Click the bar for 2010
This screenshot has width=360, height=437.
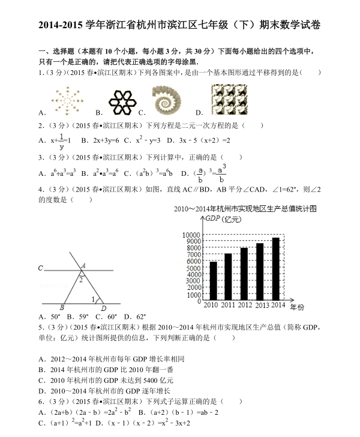[x=213, y=280]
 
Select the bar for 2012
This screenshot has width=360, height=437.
[x=244, y=273]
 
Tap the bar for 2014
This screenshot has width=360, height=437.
[x=276, y=268]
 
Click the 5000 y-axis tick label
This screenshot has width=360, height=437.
[x=193, y=268]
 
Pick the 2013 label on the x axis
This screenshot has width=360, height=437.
[x=262, y=306]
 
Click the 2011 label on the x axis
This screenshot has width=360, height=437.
[x=228, y=305]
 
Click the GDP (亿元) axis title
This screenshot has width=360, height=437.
[x=223, y=220]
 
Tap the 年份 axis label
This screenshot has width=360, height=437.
[x=297, y=307]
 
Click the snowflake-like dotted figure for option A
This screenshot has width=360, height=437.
[x=67, y=100]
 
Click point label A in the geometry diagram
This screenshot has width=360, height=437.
[x=83, y=265]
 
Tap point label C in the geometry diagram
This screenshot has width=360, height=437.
[x=40, y=268]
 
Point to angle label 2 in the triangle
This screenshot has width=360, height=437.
[x=81, y=279]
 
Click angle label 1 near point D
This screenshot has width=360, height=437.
[x=93, y=299]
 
